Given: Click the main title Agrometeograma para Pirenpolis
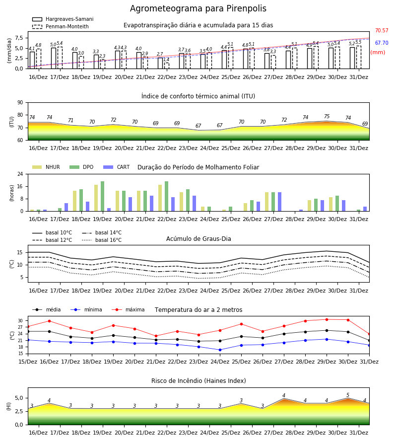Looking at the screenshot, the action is click(198, 8).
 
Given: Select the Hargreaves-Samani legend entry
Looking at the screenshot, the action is click(63, 19).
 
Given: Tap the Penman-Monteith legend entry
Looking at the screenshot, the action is click(61, 26).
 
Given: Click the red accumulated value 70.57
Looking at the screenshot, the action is click(382, 30).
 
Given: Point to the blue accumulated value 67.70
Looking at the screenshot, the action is click(382, 43).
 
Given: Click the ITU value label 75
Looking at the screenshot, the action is click(327, 116).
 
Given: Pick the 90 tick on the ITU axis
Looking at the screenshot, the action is click(20, 103).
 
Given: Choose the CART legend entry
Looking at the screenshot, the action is click(117, 167).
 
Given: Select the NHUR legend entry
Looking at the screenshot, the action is click(46, 167).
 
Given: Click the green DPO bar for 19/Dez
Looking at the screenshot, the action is click(103, 196).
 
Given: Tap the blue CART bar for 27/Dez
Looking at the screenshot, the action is click(280, 202).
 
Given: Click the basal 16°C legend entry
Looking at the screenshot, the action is click(102, 240).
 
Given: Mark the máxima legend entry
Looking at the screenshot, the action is click(128, 309).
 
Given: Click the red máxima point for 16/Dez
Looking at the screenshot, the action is click(49, 321).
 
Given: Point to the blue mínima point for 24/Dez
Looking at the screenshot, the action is click(220, 350).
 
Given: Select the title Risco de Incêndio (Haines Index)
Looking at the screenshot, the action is click(198, 381).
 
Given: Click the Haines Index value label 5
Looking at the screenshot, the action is click(348, 395).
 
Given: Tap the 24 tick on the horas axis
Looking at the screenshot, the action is click(20, 174).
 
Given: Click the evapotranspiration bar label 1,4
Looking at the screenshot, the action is click(166, 60).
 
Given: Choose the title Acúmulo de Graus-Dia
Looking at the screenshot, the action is click(198, 239).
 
